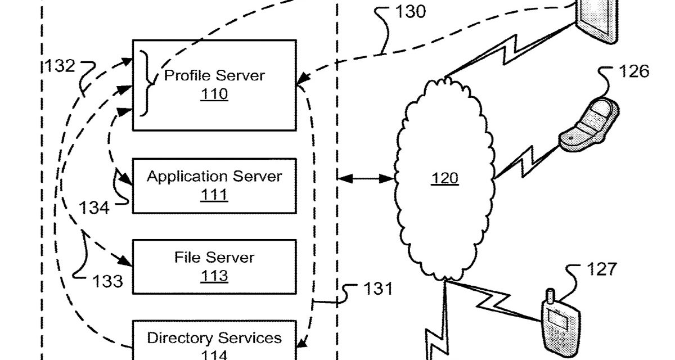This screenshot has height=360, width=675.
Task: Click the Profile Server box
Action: (214, 84)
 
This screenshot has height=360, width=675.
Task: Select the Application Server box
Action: (214, 185)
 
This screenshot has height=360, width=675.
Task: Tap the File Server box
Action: (214, 266)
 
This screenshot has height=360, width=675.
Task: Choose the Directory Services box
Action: (214, 341)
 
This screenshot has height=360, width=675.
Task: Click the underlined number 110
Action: (214, 94)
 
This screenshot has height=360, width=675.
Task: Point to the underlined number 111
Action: (214, 195)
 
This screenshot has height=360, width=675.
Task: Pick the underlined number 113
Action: (214, 276)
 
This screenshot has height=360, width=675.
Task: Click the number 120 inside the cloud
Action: (445, 178)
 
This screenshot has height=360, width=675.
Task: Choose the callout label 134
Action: (93, 208)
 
